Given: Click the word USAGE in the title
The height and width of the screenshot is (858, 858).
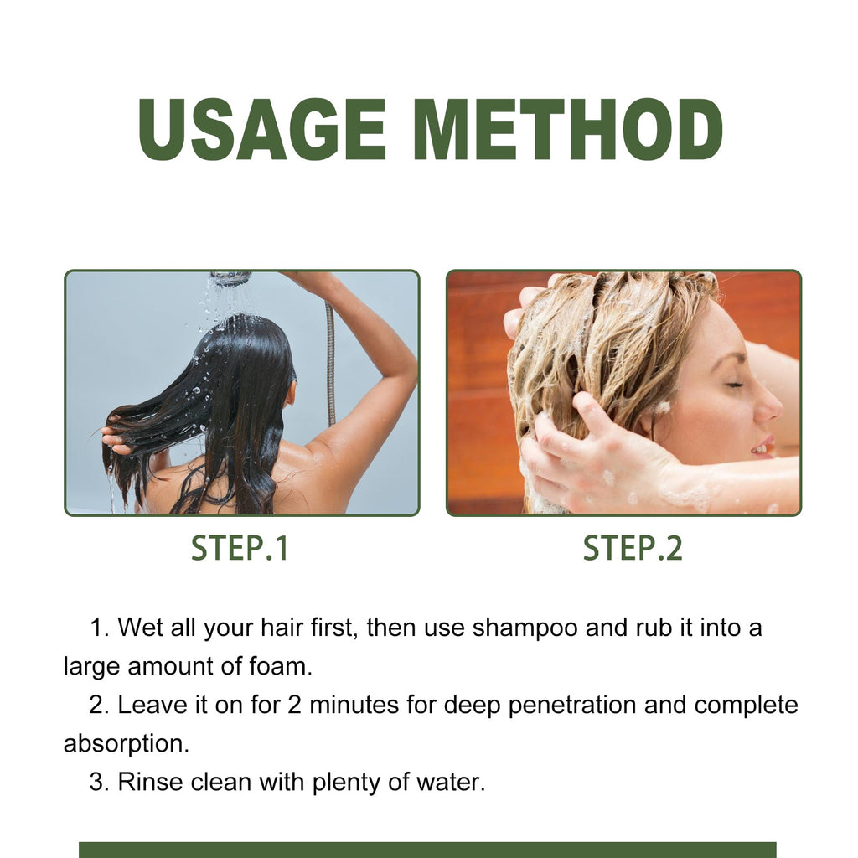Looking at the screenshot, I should pos(261,130).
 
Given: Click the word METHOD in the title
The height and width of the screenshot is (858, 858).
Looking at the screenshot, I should pos(567,130).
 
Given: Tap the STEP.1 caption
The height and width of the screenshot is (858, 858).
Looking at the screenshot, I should pos(240,548).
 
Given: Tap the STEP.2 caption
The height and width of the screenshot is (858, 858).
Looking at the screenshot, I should pos(633,548).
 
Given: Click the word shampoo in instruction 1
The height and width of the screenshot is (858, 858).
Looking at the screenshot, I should pos(526,628).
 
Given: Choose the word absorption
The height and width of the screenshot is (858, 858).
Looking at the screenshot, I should pos(126,744).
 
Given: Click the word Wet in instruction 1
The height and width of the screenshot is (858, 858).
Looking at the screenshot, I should pos(140,628).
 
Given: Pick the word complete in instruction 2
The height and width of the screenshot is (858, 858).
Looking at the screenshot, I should pos(746,706).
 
